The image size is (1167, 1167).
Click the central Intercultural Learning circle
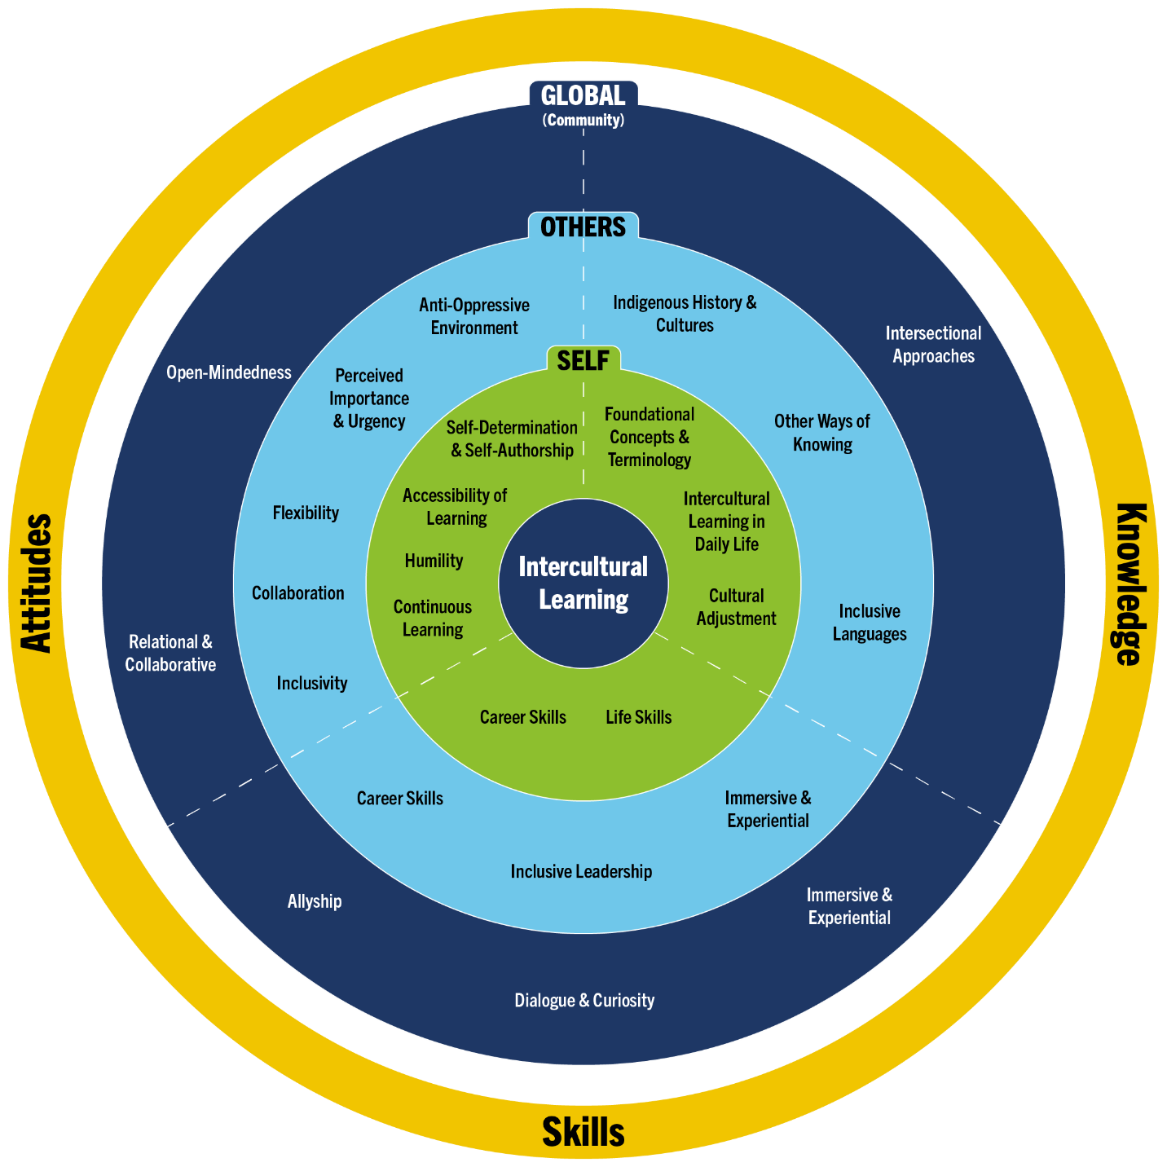click(x=583, y=583)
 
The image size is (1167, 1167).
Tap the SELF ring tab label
click(x=583, y=360)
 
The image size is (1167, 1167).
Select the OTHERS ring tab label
click(x=583, y=227)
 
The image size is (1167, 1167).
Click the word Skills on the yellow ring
click(x=583, y=1132)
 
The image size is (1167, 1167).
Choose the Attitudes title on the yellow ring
click(x=36, y=583)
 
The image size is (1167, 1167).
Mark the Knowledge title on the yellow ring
click(x=1131, y=583)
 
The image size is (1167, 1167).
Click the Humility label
click(x=434, y=561)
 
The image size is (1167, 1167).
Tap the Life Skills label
click(x=639, y=717)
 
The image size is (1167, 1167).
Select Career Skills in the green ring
click(x=522, y=717)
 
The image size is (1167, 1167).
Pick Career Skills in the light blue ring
click(x=400, y=798)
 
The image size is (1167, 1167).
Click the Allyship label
click(x=315, y=901)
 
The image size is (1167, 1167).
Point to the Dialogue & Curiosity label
click(x=584, y=1000)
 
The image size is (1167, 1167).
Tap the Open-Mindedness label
click(x=229, y=372)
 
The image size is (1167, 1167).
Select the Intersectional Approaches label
click(x=934, y=345)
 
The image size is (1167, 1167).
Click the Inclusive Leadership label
click(x=581, y=871)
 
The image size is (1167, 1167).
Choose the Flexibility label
click(x=306, y=513)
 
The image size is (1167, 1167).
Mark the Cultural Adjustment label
click(x=737, y=607)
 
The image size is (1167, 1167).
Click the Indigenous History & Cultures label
click(x=685, y=314)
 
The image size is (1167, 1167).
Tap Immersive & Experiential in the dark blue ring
click(x=849, y=906)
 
